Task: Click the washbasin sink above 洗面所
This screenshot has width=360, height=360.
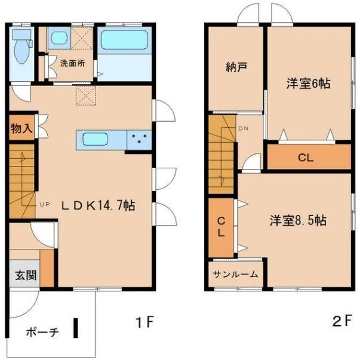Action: [59, 40]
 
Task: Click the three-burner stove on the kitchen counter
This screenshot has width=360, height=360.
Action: [140, 140]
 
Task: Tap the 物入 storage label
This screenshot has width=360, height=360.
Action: [21, 130]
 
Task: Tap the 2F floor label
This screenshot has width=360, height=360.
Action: [341, 323]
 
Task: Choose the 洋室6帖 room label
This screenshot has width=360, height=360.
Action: [307, 84]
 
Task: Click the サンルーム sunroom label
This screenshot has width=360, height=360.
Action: [236, 275]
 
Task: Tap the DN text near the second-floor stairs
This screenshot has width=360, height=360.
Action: [244, 129]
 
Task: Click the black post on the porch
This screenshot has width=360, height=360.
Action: [76, 329]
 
